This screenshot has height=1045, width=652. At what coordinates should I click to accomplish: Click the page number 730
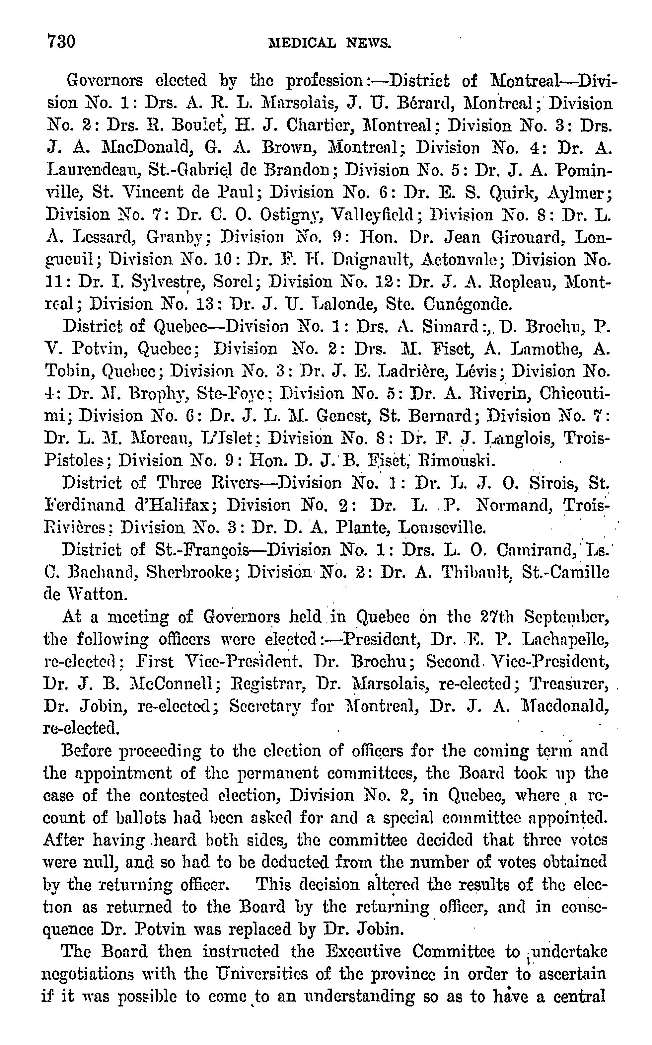pyautogui.click(x=61, y=42)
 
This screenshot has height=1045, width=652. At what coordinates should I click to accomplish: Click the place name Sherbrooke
pyautogui.click(x=190, y=572)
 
